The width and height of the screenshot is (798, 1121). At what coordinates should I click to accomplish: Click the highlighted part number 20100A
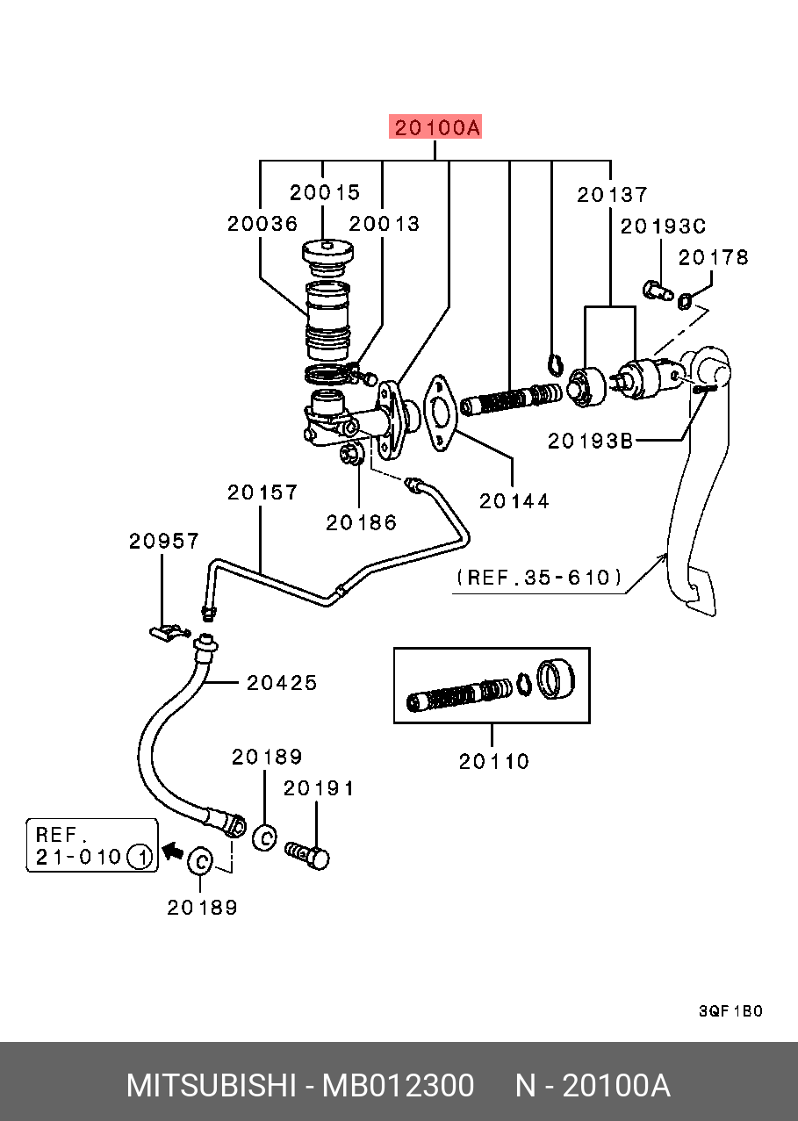[436, 128]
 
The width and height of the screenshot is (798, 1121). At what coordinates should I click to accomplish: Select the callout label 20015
[325, 192]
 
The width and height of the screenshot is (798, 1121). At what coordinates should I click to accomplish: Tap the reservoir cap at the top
[327, 255]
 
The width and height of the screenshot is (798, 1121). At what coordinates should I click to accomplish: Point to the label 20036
[262, 224]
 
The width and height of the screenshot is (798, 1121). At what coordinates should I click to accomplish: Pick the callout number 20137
[612, 195]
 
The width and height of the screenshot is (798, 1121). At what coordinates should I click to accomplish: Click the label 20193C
[663, 226]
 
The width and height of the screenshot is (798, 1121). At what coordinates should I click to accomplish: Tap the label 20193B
[590, 441]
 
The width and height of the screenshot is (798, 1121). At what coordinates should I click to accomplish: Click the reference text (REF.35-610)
[540, 578]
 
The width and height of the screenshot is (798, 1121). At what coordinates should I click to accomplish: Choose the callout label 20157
[262, 493]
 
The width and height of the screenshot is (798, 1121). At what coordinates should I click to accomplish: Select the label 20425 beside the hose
[282, 682]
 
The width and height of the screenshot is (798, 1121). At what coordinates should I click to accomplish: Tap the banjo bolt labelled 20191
[308, 855]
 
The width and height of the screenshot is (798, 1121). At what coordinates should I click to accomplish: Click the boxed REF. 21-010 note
[91, 844]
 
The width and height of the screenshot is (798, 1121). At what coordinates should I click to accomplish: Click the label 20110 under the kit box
[494, 761]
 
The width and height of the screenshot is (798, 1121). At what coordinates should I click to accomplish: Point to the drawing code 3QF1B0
[730, 1011]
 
